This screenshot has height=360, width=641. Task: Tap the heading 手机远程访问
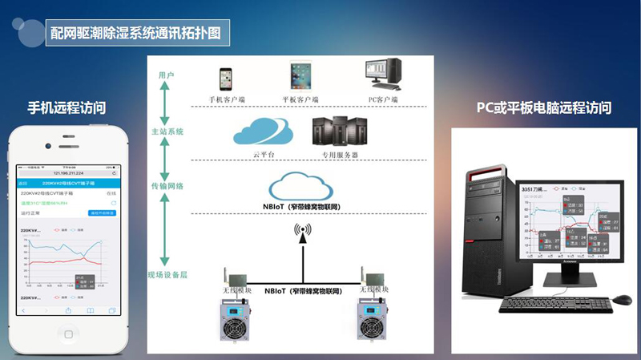(67, 107)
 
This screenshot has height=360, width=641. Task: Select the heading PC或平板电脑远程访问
(544, 107)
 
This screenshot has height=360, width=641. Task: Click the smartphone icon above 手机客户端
(226, 79)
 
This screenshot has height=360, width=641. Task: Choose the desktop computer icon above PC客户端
(383, 76)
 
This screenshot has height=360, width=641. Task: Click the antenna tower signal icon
(302, 232)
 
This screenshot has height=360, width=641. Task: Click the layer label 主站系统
(167, 131)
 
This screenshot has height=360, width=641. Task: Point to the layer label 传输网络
(167, 186)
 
